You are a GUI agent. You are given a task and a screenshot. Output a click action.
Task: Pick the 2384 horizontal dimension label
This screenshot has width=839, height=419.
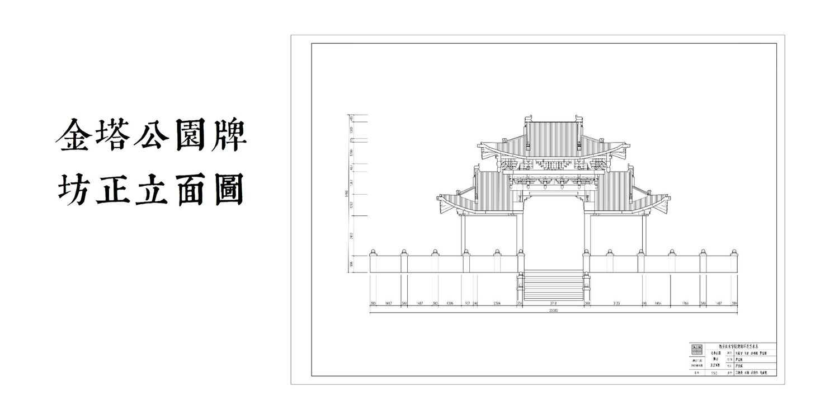[x=497, y=304]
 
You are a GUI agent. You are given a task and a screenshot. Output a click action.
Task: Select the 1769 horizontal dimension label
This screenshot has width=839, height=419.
[x=685, y=304]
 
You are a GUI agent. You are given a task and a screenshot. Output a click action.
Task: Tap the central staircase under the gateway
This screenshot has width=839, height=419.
[x=553, y=285]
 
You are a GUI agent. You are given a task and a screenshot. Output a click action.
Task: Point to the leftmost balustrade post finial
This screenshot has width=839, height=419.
[x=373, y=252]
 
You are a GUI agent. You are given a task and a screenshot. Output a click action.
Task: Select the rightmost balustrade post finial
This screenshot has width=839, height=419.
[x=733, y=252]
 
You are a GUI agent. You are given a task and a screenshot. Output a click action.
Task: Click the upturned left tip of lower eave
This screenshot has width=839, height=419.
[x=439, y=198]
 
